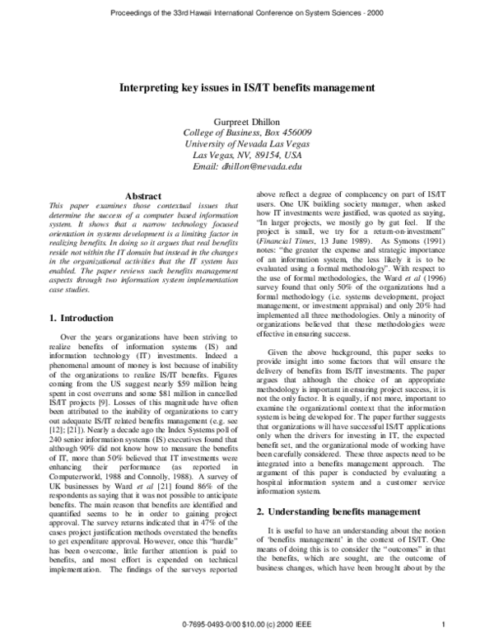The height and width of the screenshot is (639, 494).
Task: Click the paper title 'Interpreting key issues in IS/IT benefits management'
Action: click(247, 86)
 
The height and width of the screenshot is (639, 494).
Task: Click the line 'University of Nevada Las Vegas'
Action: click(247, 142)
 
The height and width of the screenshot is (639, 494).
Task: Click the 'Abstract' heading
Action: click(141, 195)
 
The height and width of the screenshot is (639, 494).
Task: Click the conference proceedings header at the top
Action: click(247, 13)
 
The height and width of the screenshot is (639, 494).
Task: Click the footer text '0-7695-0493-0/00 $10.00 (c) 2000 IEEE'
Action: click(247, 624)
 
